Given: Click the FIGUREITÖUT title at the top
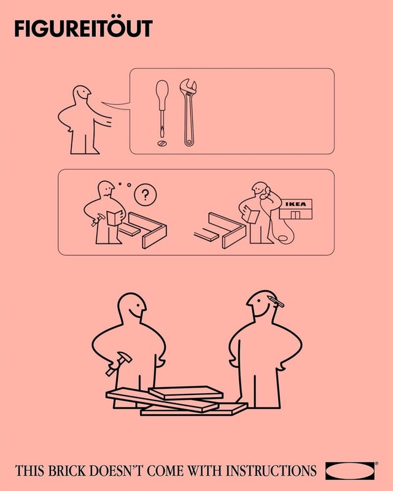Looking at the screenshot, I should tap(83, 29).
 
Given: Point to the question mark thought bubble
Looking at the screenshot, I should tap(145, 195).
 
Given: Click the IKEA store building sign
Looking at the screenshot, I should tap(296, 205).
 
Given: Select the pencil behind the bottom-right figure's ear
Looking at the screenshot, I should tap(275, 302).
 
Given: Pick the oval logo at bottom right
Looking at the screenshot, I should tap(350, 471).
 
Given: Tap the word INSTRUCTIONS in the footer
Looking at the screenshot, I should tap(271, 472).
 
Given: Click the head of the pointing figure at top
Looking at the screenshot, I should tap(82, 95).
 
